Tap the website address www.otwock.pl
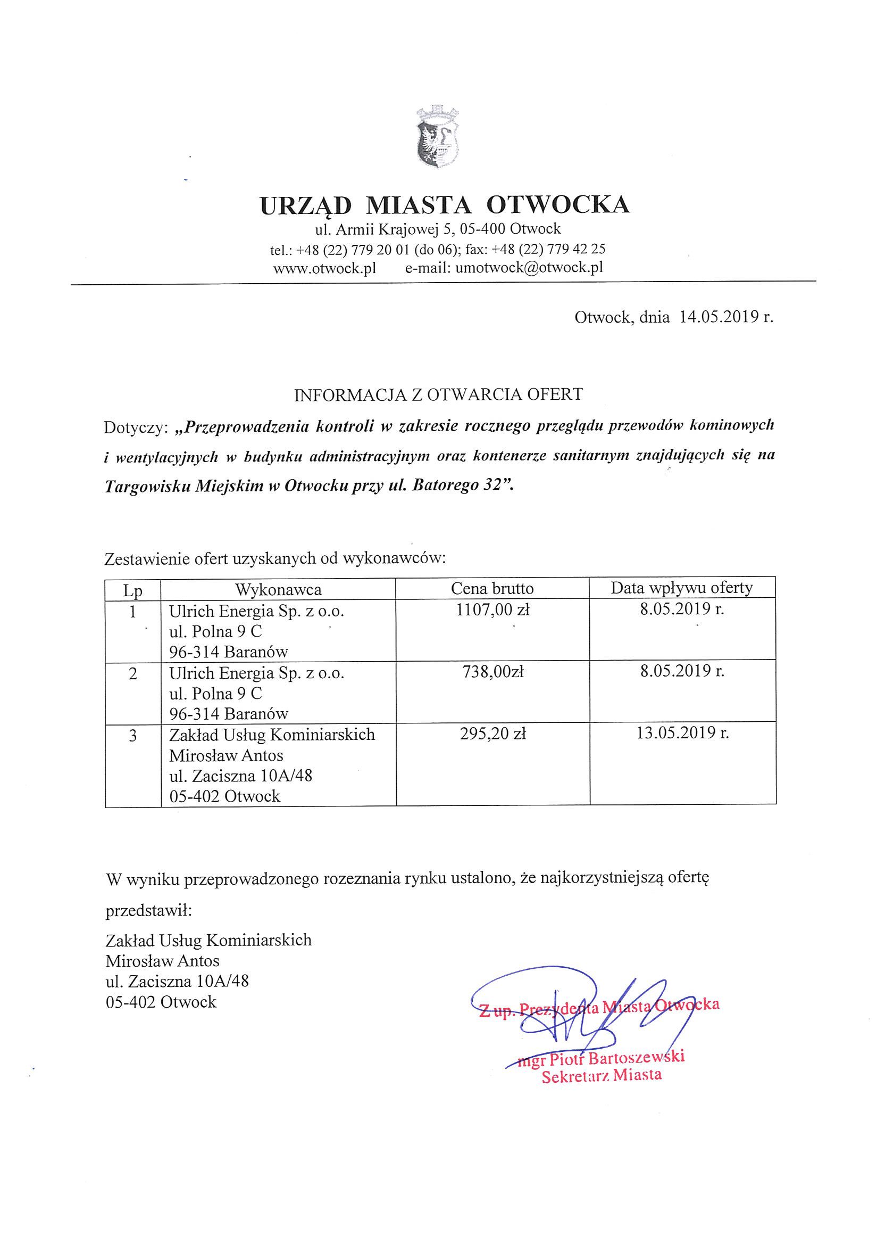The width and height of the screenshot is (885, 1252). (325, 268)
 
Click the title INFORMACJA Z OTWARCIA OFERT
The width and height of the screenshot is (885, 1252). (438, 395)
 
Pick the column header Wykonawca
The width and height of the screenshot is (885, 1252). (279, 589)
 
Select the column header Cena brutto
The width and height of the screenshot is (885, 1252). (492, 588)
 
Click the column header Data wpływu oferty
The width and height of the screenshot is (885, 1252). (682, 588)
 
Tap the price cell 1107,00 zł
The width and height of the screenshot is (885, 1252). (492, 610)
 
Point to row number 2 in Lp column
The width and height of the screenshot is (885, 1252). (133, 673)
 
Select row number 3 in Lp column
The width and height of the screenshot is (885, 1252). (133, 736)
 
